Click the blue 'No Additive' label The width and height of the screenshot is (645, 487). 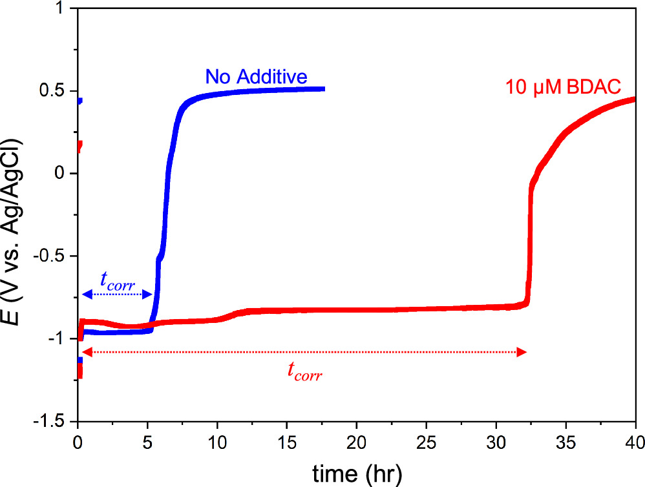click(x=256, y=77)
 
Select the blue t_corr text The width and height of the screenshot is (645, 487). click(x=117, y=280)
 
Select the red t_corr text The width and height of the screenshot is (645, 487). click(x=304, y=373)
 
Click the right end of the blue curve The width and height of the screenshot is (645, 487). click(x=322, y=89)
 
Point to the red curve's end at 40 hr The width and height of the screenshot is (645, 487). click(x=634, y=99)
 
